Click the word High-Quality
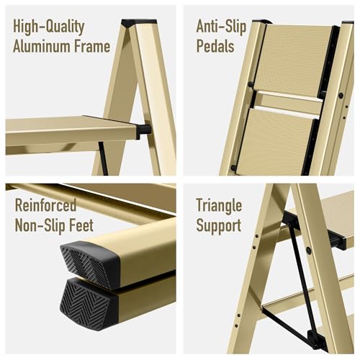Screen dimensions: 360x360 pos(48,27)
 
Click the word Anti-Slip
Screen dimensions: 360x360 pos(221,27)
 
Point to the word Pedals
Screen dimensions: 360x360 pos(215,46)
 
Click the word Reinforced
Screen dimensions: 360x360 pos(45,205)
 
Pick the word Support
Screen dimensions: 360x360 pos(219,226)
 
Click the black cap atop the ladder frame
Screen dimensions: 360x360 pos(139,23)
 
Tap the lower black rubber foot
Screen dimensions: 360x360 pos(89,305)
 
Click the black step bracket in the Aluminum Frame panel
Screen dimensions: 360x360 pos(143,131)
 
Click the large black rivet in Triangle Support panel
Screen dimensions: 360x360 pos(309,251)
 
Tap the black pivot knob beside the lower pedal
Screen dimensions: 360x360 pos(233,168)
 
